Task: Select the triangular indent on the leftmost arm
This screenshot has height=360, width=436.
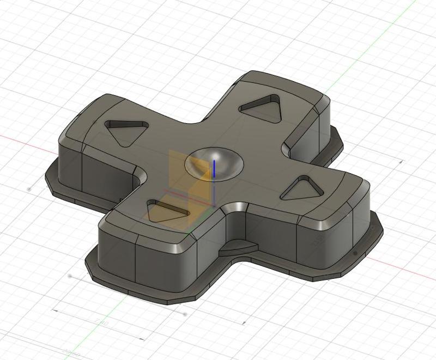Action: [x=126, y=131]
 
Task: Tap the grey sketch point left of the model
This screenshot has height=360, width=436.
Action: [x=29, y=188]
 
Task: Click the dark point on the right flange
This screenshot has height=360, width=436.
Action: [x=355, y=253]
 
